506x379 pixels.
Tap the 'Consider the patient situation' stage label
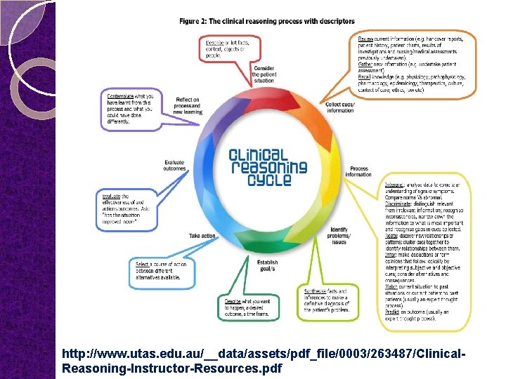(264, 76)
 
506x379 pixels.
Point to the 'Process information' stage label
(359, 171)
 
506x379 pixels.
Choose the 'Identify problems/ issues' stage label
(339, 235)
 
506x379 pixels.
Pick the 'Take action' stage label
(202, 236)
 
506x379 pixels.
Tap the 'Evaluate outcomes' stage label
(174, 166)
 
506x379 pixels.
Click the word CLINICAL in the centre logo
(259, 155)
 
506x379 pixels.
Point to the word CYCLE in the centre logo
(268, 180)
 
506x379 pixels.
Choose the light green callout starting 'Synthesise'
(326, 300)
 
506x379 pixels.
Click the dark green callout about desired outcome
(247, 306)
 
